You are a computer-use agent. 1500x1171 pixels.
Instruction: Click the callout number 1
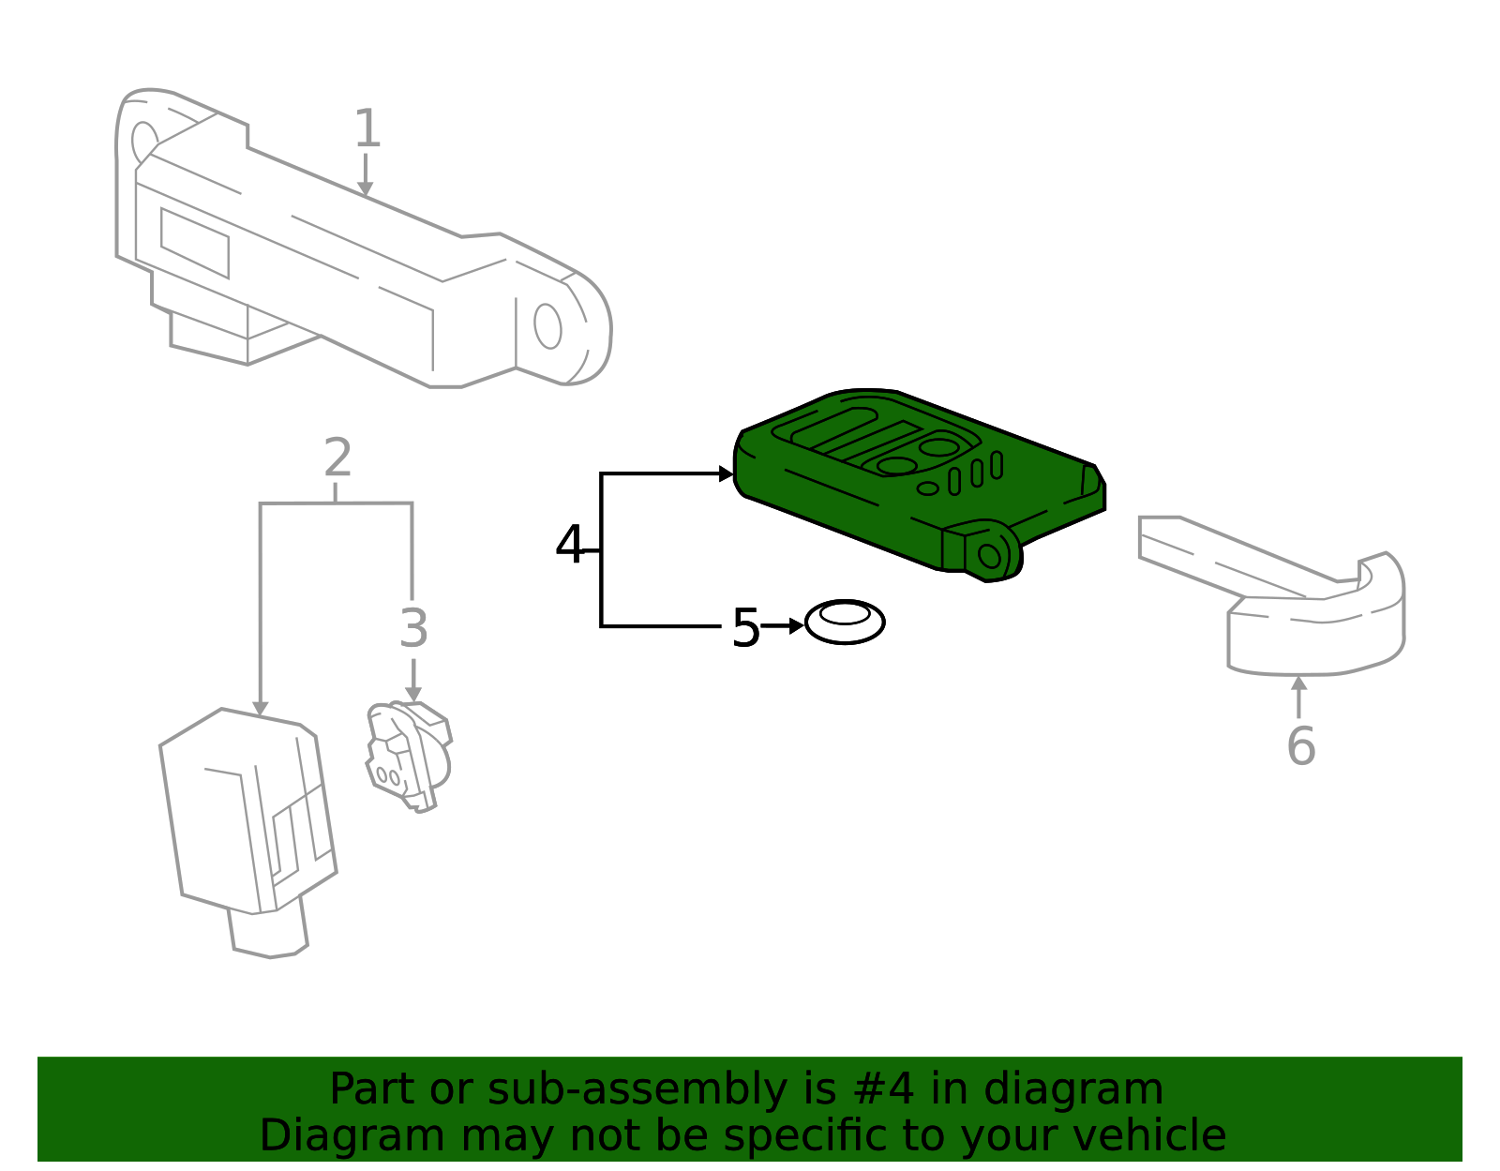(x=367, y=129)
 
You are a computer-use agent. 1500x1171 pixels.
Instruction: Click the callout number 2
(x=337, y=458)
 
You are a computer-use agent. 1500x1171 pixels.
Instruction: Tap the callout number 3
(x=413, y=629)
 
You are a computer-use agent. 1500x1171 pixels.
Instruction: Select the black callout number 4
(x=569, y=545)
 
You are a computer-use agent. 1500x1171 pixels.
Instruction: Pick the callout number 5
(x=745, y=627)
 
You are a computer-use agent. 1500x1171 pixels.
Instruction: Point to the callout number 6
(x=1300, y=746)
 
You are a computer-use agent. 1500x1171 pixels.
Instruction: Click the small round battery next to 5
(x=845, y=623)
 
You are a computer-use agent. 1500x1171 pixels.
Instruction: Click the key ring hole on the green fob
(x=990, y=556)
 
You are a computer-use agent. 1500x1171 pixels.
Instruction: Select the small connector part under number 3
(x=408, y=756)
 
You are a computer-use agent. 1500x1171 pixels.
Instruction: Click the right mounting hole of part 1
(x=547, y=326)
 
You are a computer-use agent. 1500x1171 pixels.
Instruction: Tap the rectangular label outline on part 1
(x=195, y=243)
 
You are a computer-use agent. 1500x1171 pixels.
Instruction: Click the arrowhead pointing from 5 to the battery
(x=797, y=625)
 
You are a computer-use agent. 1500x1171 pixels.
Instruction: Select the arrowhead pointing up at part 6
(x=1299, y=683)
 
